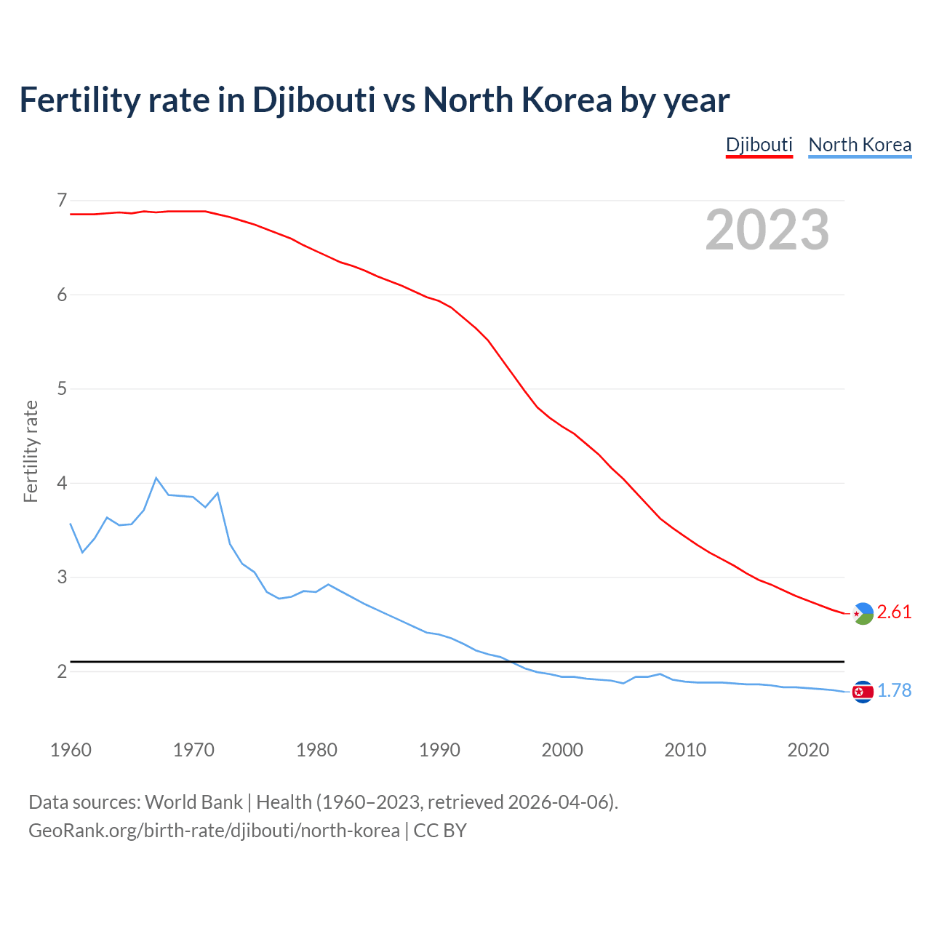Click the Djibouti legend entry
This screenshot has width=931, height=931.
pos(759,145)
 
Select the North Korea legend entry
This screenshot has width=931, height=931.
pos(860,145)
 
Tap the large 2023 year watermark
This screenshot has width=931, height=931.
pos(767,230)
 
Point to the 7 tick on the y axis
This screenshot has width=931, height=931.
pos(62,200)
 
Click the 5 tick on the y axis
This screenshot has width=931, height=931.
pos(62,388)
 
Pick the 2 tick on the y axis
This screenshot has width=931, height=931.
pos(62,671)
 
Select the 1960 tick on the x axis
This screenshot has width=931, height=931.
pos(71,750)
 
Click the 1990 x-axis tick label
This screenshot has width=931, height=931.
pos(439,750)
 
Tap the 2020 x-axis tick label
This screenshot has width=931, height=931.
pos(808,750)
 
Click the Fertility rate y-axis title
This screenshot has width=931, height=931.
pos(31,451)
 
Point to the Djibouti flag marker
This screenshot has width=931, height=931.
pos(863,614)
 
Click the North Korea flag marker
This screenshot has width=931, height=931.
pos(863,692)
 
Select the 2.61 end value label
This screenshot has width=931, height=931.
pos(894,612)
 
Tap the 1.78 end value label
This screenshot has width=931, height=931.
pos(894,691)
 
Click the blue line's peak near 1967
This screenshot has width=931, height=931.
pos(156,478)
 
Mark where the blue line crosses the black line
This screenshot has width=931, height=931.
pos(512,662)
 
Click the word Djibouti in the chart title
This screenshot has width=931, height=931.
pos(313,100)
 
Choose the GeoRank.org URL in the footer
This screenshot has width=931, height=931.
pos(214,830)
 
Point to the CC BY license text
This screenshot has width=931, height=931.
pos(440,830)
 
